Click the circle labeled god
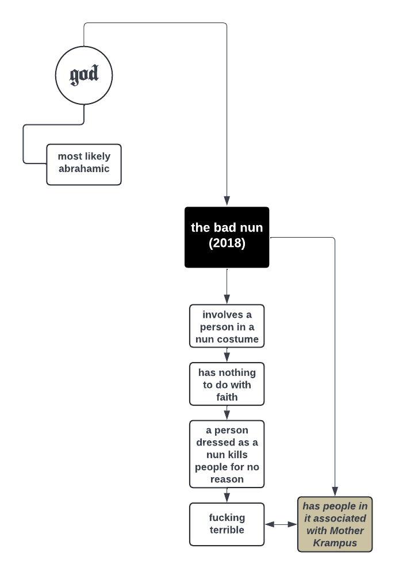click(x=84, y=75)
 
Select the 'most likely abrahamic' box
click(x=84, y=164)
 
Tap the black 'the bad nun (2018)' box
click(x=227, y=237)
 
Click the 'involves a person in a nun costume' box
click(x=227, y=326)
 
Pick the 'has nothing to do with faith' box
click(x=227, y=384)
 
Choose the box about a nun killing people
click(x=227, y=454)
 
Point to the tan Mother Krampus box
click(x=335, y=524)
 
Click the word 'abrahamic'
click(x=84, y=169)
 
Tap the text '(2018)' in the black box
click(x=227, y=243)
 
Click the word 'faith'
click(x=227, y=397)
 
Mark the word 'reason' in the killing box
click(x=227, y=479)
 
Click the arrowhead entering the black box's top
click(x=227, y=201)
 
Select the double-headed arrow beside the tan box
click(x=281, y=524)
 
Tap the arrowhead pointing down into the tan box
click(x=335, y=491)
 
